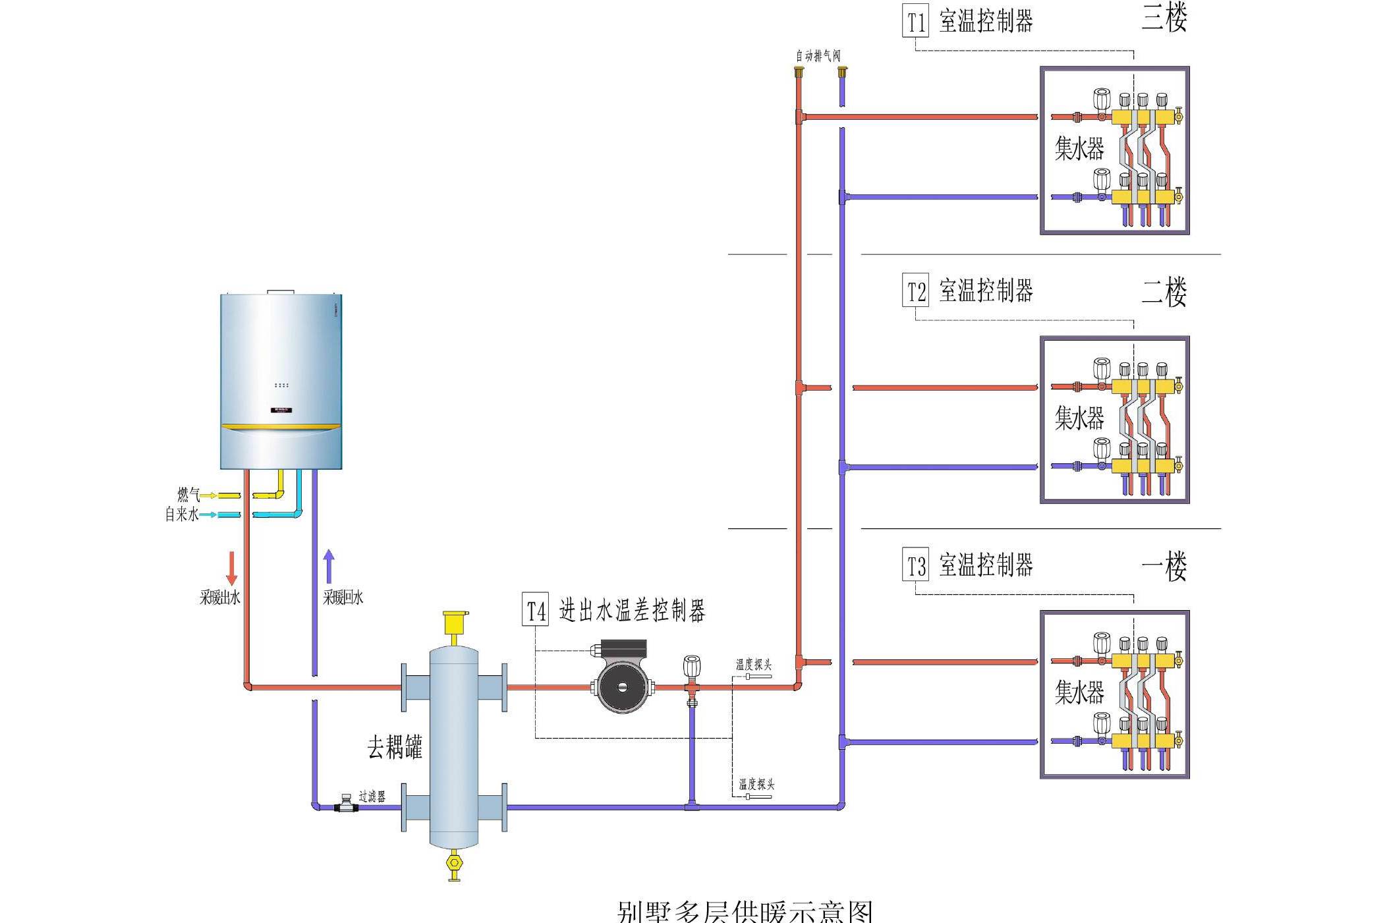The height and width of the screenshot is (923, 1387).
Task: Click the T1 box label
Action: [x=915, y=22]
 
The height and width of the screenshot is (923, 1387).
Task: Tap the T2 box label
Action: [x=915, y=291]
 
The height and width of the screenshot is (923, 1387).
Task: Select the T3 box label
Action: [x=915, y=565]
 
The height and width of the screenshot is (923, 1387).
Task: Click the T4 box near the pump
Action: [x=535, y=609]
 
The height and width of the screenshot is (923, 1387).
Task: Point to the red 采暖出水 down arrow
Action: [x=231, y=568]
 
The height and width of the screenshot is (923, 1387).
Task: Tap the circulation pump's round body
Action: [x=623, y=687]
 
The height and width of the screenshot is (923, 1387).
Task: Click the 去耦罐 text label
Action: [x=394, y=747]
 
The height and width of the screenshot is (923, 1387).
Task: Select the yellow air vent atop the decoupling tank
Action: [x=455, y=623]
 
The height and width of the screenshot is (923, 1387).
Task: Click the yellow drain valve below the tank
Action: [x=454, y=864]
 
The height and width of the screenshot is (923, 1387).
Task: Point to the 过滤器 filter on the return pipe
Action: [x=346, y=803]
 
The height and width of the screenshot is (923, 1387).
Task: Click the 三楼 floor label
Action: [x=1164, y=18]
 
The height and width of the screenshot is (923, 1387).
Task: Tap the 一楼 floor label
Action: [x=1164, y=566]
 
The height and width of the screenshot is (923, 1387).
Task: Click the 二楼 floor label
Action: [x=1164, y=292]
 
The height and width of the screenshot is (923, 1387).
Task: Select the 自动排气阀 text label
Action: [x=818, y=56]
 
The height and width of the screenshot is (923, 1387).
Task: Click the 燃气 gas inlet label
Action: [x=188, y=494]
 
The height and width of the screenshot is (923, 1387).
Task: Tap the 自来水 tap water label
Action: [x=181, y=514]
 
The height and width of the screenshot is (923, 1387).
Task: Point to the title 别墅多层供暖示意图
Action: [x=745, y=911]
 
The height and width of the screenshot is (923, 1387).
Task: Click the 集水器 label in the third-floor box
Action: [x=1079, y=148]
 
